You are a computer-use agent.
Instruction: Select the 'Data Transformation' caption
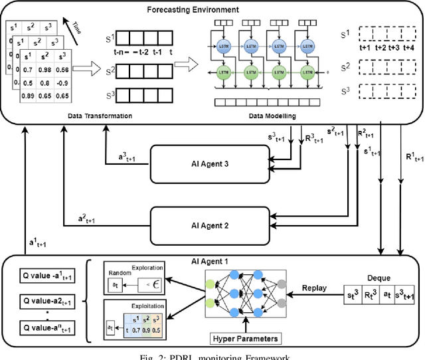click(x=100, y=116)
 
